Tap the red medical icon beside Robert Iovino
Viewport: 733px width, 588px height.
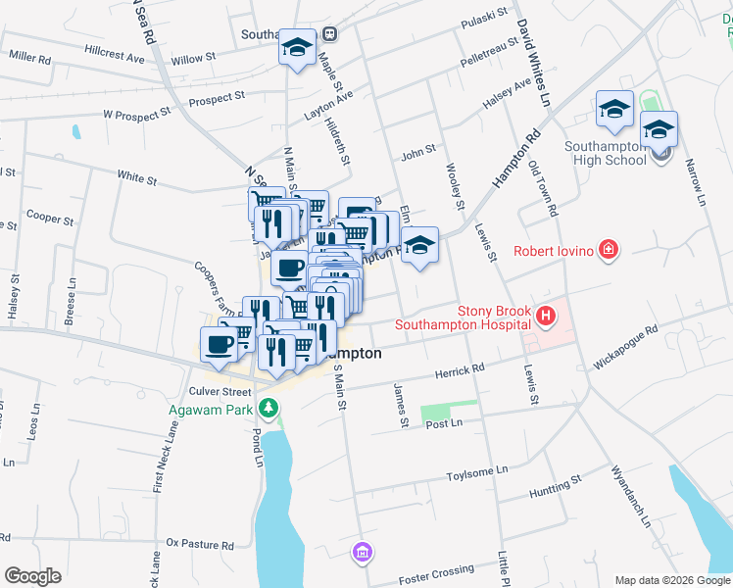[609, 251]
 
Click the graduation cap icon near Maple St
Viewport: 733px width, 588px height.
[296, 48]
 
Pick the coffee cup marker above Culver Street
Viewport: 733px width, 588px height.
[219, 345]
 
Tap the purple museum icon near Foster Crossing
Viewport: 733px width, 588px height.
[364, 554]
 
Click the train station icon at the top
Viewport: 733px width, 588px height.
[330, 33]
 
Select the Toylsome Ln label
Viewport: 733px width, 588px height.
[475, 471]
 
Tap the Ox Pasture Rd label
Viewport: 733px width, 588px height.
[200, 543]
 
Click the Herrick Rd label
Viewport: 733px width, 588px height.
[460, 369]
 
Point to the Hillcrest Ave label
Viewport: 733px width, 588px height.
[114, 57]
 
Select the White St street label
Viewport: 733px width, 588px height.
[137, 178]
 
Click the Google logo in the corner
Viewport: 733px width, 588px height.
[32, 576]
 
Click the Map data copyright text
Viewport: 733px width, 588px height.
[672, 580]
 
